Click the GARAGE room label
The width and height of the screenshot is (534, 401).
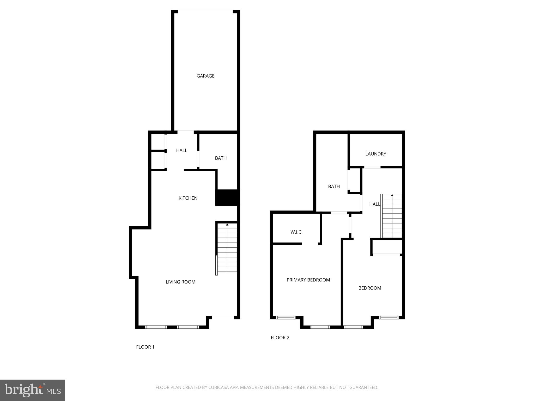[x=205, y=76]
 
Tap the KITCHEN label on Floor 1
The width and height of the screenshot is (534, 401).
[x=188, y=198]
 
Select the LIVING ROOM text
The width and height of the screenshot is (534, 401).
[x=180, y=282]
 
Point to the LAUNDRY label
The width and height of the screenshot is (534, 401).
[x=375, y=154]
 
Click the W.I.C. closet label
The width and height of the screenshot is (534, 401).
[x=296, y=232]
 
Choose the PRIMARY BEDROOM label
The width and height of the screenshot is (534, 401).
[x=308, y=280]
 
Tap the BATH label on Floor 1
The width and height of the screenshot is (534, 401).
[x=221, y=158]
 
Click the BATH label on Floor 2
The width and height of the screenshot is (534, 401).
[x=334, y=186]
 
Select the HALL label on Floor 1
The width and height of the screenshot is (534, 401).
[x=181, y=150]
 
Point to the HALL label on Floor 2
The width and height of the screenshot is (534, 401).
[x=374, y=204]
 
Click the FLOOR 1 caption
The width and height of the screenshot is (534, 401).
[x=145, y=347]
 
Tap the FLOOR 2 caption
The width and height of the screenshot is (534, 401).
[x=280, y=338]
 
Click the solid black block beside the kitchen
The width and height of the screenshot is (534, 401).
[x=227, y=198]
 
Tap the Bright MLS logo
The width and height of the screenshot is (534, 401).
[x=33, y=390]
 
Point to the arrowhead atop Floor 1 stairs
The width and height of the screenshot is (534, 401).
[x=227, y=225]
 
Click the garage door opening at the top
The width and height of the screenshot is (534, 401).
[x=205, y=11]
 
